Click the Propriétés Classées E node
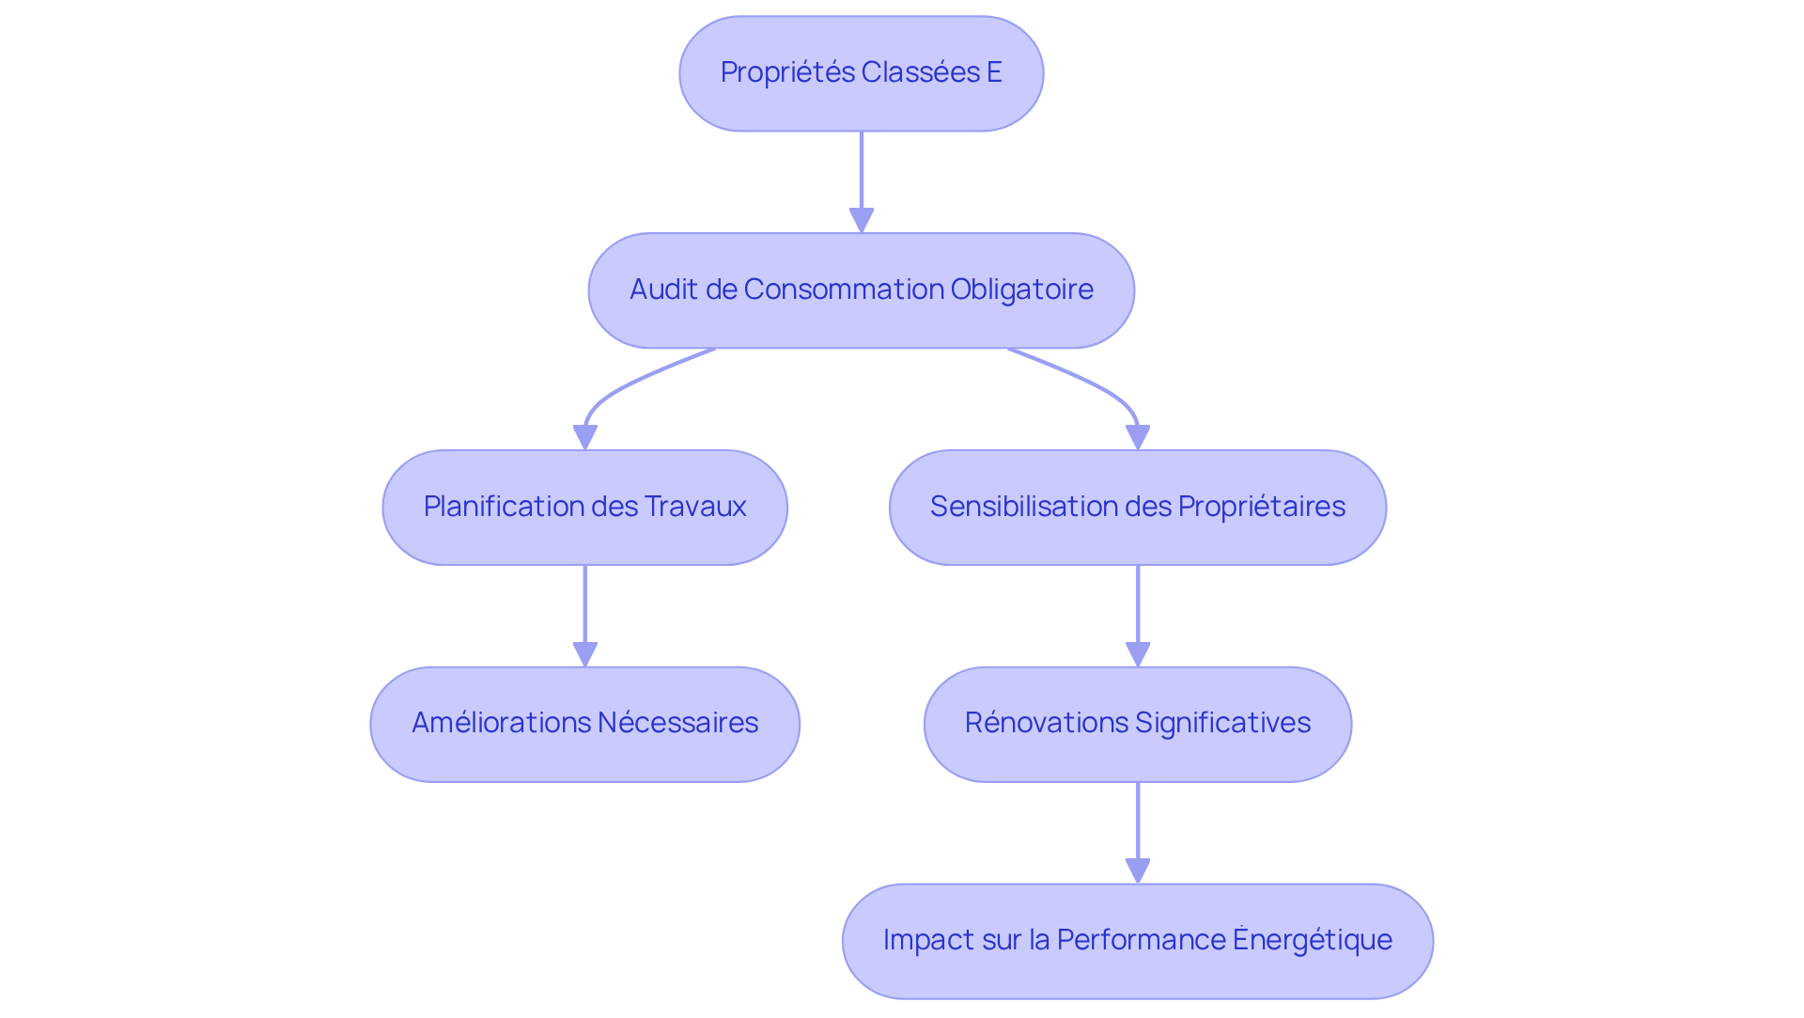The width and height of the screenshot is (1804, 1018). click(x=861, y=73)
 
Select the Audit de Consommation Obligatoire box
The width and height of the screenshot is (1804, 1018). click(x=861, y=290)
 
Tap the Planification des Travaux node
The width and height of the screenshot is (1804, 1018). click(x=584, y=508)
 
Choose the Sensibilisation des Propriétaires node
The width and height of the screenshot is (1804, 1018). click(x=1137, y=508)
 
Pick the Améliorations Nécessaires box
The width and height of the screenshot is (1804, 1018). click(x=584, y=725)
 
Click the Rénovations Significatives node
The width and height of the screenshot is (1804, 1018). click(x=1137, y=725)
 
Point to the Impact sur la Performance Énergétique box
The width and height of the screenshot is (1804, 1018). click(x=1137, y=941)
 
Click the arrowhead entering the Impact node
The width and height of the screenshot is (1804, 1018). click(x=1137, y=871)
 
